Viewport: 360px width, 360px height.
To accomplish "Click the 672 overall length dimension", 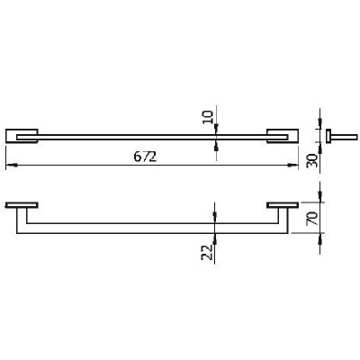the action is point(145,157).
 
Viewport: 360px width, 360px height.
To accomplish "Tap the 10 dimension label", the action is point(208,117).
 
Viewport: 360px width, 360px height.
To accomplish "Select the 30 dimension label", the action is point(311,160).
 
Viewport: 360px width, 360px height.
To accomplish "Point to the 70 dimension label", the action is point(311,218).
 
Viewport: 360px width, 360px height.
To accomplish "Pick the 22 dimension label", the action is point(207,252).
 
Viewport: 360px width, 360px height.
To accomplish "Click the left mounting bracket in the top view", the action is point(22,136).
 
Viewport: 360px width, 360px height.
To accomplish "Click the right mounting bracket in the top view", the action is point(283,136).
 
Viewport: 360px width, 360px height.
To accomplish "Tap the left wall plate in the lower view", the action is point(22,205).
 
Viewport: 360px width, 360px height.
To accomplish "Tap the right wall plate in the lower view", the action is point(283,205).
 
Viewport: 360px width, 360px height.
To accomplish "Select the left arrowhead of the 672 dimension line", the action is point(11,165).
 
